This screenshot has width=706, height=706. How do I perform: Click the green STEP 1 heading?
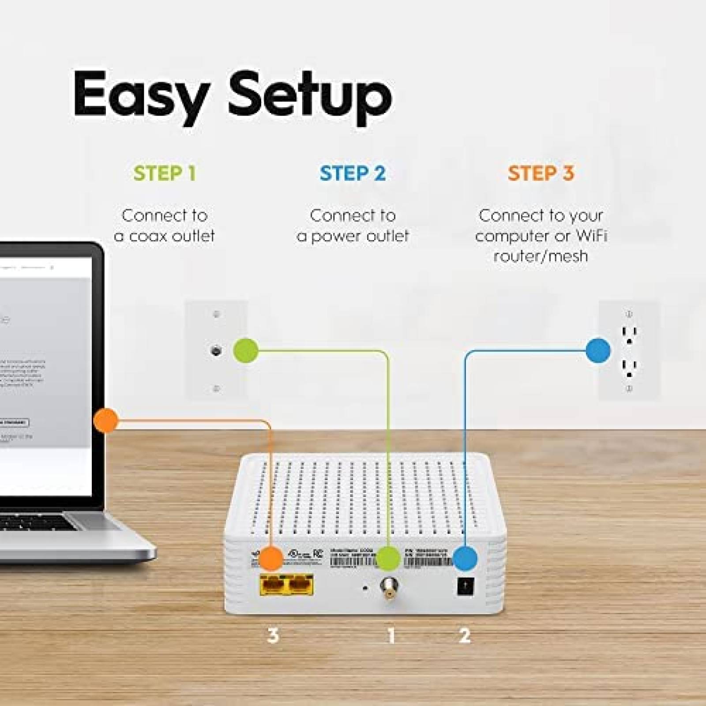164,173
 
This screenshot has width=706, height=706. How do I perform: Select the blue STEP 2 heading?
353,173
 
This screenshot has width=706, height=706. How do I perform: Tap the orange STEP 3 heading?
541,173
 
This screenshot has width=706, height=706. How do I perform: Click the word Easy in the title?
140,98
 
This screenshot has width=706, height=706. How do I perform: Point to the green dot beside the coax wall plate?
245,350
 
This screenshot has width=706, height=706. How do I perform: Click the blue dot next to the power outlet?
598,351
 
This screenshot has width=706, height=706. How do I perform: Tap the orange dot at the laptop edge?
106,420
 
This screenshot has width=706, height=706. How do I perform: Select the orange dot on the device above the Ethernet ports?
271,558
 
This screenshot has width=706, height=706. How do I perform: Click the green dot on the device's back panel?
388,558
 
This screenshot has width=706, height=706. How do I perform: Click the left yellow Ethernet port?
274,585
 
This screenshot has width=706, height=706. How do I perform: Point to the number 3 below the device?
273,635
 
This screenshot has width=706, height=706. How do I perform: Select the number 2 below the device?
465,635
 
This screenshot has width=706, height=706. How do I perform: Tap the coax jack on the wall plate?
216,351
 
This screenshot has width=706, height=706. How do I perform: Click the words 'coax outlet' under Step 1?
172,236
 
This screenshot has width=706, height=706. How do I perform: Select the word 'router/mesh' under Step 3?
541,256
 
